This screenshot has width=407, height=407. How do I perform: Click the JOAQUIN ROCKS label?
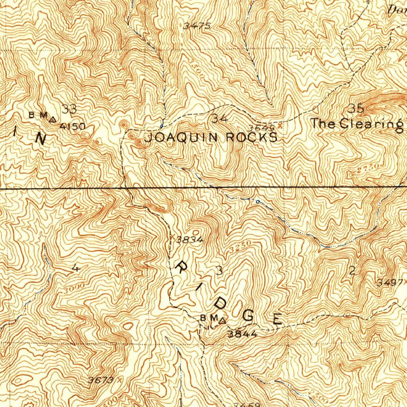point(211,138)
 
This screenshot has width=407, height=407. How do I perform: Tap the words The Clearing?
point(357,124)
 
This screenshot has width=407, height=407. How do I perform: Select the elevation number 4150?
point(73,127)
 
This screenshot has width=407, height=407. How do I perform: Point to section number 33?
point(69,109)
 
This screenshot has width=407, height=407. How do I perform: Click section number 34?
point(220,118)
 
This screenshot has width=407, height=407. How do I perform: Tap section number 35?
point(356,108)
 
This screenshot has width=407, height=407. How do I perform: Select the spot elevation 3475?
point(197,26)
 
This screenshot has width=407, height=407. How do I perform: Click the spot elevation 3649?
point(261,128)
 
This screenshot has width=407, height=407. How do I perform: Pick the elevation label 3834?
point(190,240)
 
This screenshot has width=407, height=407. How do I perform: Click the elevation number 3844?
point(242,334)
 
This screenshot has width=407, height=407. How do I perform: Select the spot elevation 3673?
point(101,380)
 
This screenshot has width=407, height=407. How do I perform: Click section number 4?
point(76,269)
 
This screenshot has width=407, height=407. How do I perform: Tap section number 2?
point(352,271)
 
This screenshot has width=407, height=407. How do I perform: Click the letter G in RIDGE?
point(248,316)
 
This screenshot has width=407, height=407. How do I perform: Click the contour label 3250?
point(240,246)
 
